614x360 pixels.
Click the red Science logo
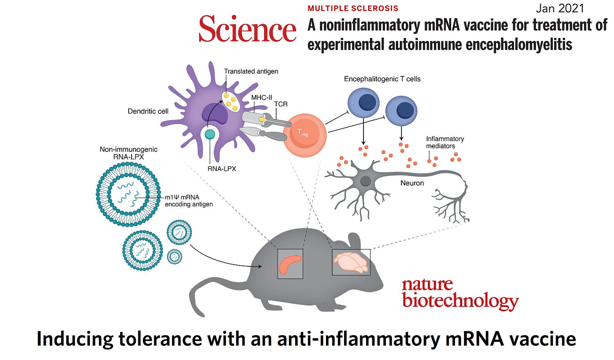pos(248,29)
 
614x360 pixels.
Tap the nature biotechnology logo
pos(460,293)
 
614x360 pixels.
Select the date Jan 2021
pos(560,8)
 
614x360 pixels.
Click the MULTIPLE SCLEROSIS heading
pos(353,8)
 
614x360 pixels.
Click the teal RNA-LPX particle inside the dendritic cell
pos(210,134)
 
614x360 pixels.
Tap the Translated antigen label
pos(251,71)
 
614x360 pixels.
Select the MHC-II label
pos(261,97)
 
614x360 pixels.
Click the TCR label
pos(281,104)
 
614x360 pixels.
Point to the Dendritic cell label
pos(148,111)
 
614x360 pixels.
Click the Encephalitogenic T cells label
pos(382,79)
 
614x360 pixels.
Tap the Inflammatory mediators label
pos(445,142)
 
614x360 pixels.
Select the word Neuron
pos(412,183)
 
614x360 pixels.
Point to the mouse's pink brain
pos(351,262)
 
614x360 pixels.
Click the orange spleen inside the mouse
pos(290,263)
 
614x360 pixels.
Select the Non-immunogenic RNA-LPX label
pos(129,153)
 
